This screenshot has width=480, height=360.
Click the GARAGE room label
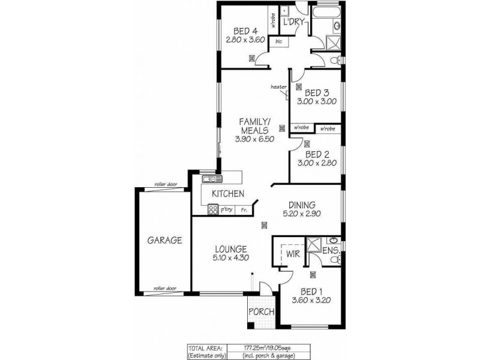[164, 240]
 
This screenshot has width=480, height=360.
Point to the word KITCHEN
[228, 194]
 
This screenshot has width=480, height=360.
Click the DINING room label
[303, 204]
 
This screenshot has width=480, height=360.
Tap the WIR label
[292, 254]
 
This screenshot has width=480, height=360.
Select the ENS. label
[331, 250]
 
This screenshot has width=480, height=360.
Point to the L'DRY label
[295, 22]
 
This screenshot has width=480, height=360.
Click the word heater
[278, 87]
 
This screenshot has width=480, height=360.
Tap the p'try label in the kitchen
[227, 209]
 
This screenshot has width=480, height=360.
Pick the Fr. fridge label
[244, 209]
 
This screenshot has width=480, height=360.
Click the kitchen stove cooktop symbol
[212, 209]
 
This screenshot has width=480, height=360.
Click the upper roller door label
[163, 184]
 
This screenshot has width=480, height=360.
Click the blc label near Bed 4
[278, 41]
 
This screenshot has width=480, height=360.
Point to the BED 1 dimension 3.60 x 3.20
[312, 301]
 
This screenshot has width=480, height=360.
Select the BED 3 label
[317, 92]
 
